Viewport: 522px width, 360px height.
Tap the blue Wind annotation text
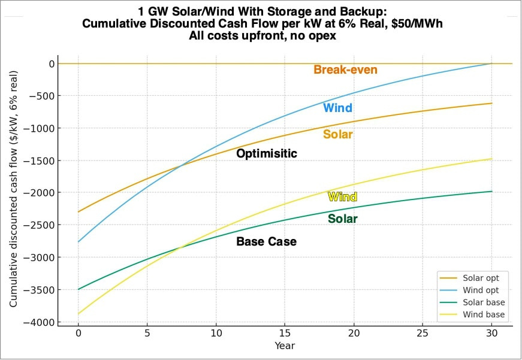pos(337,108)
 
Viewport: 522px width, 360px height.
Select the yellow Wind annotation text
pos(342,197)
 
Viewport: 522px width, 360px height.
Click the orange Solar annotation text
pos(337,135)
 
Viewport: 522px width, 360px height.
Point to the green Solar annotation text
pos(342,219)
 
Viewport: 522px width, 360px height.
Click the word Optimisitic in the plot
pos(266,154)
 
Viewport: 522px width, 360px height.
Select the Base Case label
pos(266,242)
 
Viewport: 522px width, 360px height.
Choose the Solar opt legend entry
pos(485,279)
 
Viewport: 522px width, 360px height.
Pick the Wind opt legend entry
pos(485,291)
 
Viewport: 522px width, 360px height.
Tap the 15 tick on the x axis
pos(285,334)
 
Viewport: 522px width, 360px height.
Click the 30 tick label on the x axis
pos(491,334)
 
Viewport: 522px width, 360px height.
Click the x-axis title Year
pos(285,346)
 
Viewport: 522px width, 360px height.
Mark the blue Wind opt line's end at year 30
pos(491,63)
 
